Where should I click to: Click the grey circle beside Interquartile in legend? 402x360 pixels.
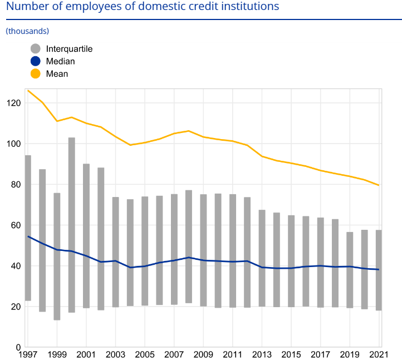(36, 49)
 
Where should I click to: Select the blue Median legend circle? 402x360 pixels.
(36, 61)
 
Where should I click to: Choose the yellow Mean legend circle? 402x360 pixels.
(36, 73)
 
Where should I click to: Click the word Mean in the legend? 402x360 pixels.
(57, 73)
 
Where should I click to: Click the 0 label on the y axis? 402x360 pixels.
(19, 347)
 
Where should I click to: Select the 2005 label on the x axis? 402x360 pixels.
(145, 354)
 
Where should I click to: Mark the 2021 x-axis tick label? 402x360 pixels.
(378, 354)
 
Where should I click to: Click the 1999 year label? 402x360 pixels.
(57, 354)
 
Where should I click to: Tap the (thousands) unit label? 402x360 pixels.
(27, 31)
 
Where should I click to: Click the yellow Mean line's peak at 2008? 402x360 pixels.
(189, 131)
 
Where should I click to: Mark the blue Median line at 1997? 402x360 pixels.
(28, 236)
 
